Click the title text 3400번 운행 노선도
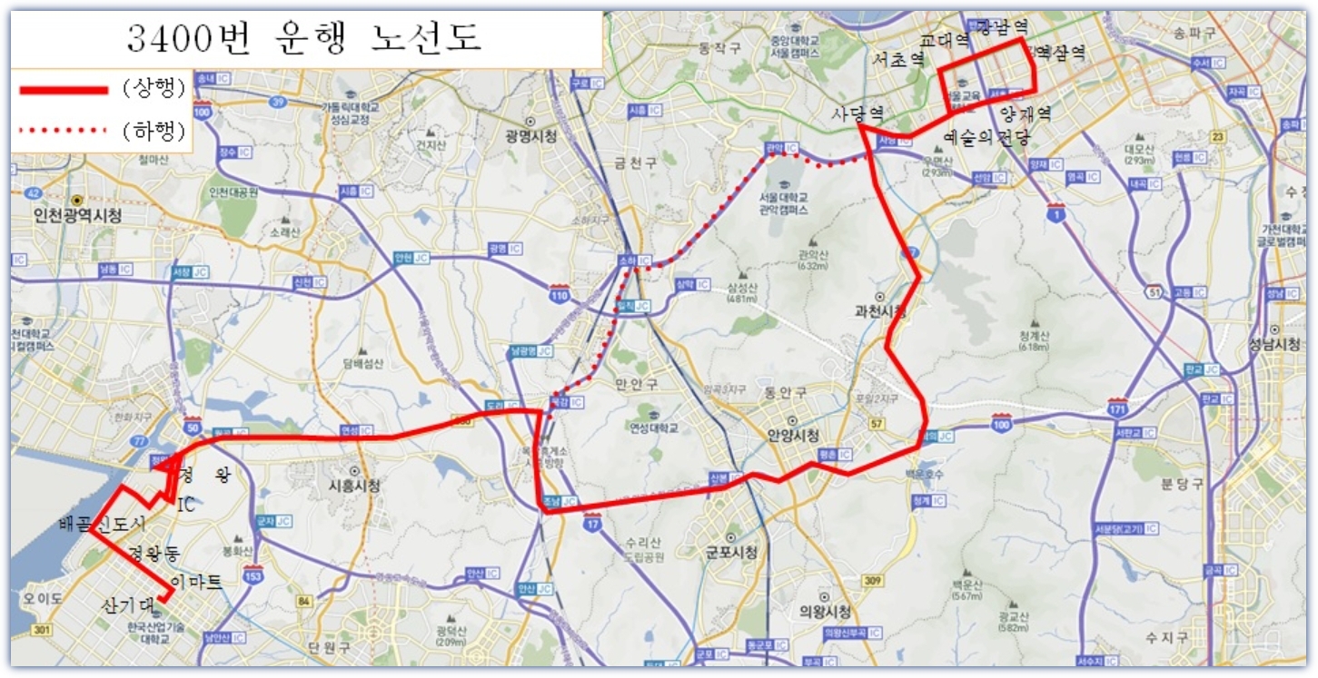click(x=304, y=37)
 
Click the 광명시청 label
click(x=531, y=136)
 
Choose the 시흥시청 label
click(x=354, y=486)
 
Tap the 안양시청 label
click(x=793, y=435)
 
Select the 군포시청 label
click(x=731, y=553)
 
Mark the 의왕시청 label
click(x=825, y=611)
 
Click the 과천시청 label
click(x=880, y=311)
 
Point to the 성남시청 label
click(x=1273, y=345)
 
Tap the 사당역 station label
click(x=857, y=113)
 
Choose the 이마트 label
click(x=196, y=582)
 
